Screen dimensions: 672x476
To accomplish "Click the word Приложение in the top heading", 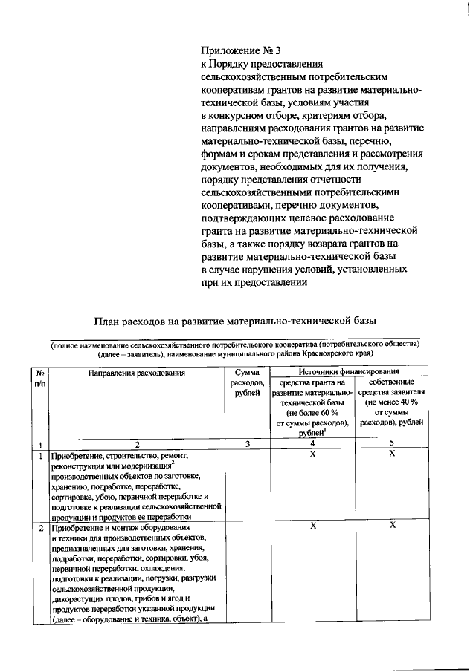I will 228,51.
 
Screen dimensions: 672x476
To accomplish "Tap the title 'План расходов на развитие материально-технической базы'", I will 236,320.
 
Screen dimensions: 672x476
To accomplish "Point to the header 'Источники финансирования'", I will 350,371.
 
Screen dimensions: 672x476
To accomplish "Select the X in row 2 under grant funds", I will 313,525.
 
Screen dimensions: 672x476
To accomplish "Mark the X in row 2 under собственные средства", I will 392,525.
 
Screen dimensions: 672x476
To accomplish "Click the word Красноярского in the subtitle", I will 364,354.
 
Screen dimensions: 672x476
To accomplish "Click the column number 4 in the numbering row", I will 313,443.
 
